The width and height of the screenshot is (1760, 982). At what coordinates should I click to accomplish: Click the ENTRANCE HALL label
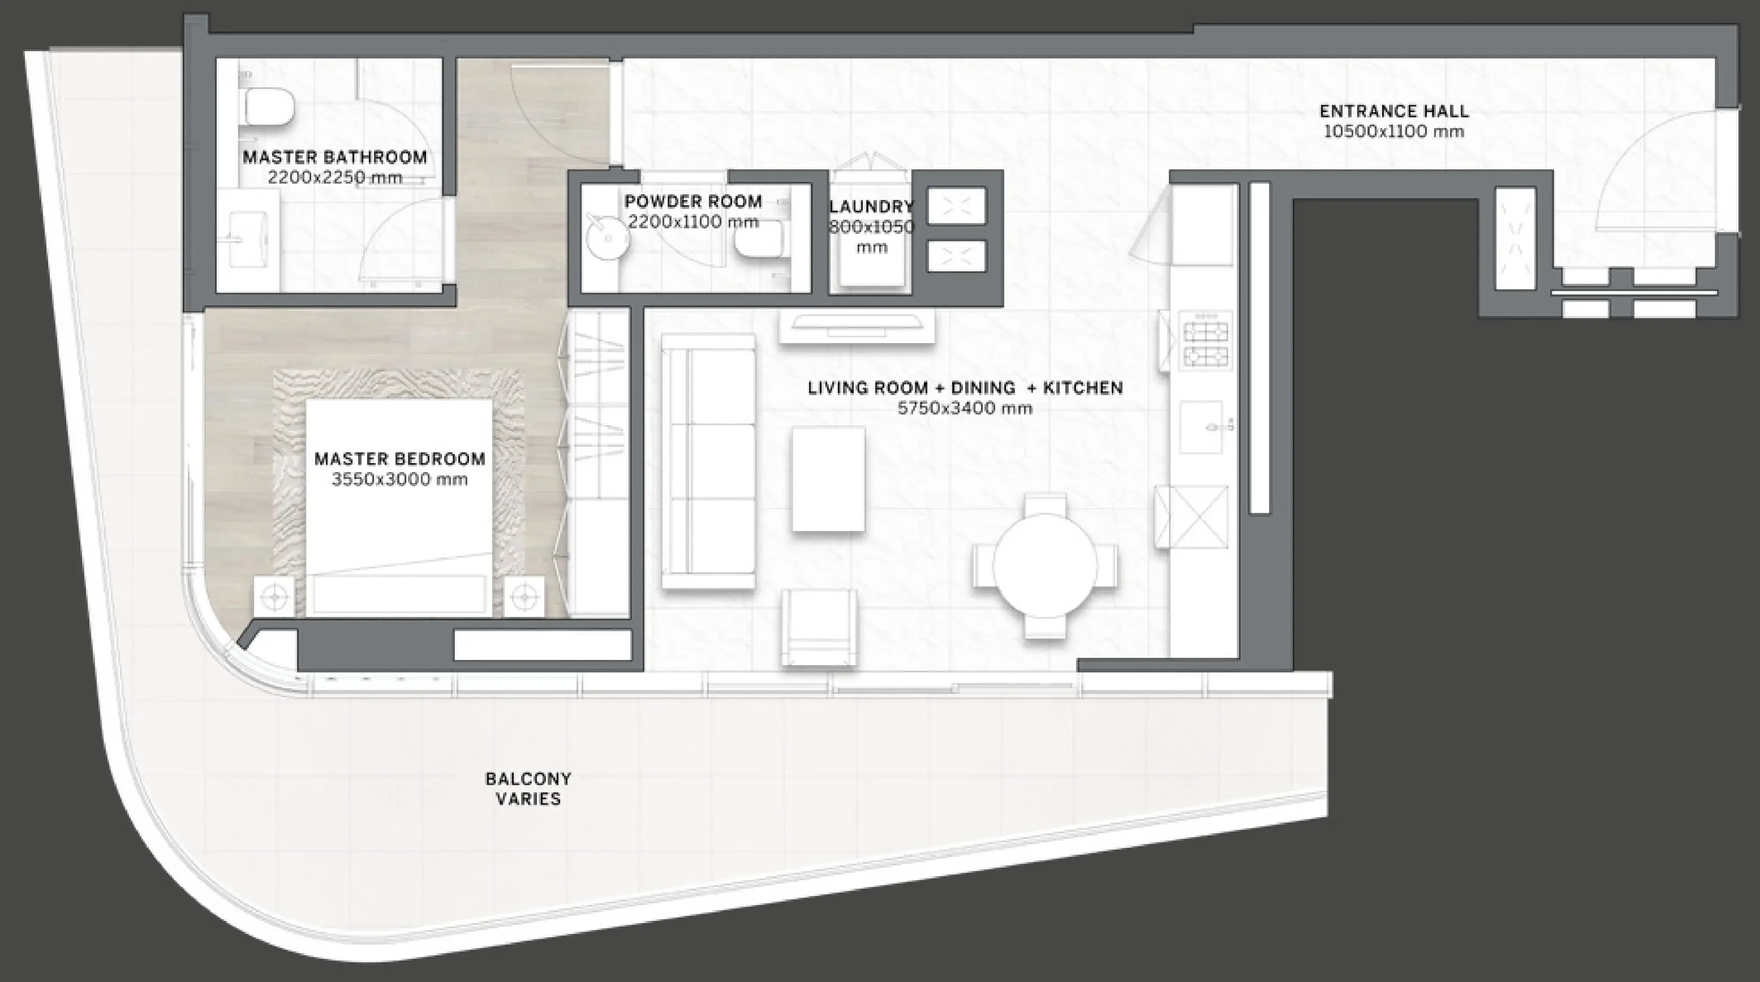(x=1394, y=110)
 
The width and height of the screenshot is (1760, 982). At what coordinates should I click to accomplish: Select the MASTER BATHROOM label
(x=335, y=157)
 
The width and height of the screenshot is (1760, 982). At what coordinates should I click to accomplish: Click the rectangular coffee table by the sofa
(x=828, y=479)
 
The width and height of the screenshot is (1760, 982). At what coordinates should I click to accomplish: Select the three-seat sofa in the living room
(x=708, y=461)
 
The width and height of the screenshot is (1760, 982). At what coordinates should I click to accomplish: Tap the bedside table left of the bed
(x=275, y=597)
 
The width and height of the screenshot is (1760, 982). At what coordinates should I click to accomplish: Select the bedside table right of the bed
(x=524, y=597)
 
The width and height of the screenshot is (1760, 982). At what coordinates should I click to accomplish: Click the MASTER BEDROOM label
(x=400, y=459)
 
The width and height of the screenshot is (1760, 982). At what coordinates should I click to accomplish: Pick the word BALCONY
(x=528, y=778)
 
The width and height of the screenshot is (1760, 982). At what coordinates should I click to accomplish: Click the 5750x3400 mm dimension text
(x=965, y=408)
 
